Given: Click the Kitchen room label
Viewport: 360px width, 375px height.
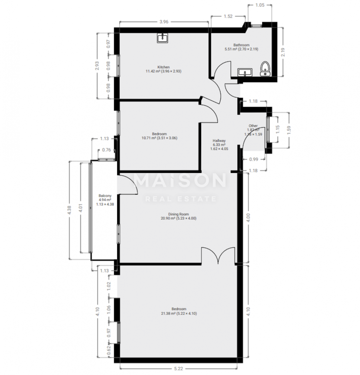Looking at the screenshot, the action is [164, 67].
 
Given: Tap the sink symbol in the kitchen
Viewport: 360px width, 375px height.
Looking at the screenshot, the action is [162, 38].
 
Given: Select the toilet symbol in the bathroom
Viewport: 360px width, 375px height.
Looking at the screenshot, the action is [265, 69].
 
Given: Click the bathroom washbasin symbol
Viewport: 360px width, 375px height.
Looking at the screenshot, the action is [245, 72].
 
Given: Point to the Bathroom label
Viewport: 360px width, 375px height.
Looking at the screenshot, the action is [241, 45].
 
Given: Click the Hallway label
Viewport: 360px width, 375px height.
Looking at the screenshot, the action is [219, 141].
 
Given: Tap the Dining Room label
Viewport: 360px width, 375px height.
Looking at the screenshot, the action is [179, 214].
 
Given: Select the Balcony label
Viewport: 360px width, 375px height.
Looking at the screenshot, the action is [105, 196].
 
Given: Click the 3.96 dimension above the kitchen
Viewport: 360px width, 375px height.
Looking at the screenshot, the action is [164, 22].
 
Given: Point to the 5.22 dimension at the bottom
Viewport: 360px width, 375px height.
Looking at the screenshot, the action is [179, 369].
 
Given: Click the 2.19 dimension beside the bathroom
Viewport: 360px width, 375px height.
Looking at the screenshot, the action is [283, 52].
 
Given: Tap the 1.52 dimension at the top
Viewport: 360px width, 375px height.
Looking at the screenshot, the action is [228, 16].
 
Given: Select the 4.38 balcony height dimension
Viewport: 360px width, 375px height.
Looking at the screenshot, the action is [69, 210].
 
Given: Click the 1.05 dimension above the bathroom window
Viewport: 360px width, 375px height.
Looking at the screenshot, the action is [260, 5].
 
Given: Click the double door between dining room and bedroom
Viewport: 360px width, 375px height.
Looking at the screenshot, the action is [218, 256].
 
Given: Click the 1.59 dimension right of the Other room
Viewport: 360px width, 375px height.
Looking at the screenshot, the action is [289, 130].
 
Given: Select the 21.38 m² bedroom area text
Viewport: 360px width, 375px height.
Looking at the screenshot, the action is [169, 314].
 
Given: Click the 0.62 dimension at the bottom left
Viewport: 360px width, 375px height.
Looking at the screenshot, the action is [109, 350].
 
